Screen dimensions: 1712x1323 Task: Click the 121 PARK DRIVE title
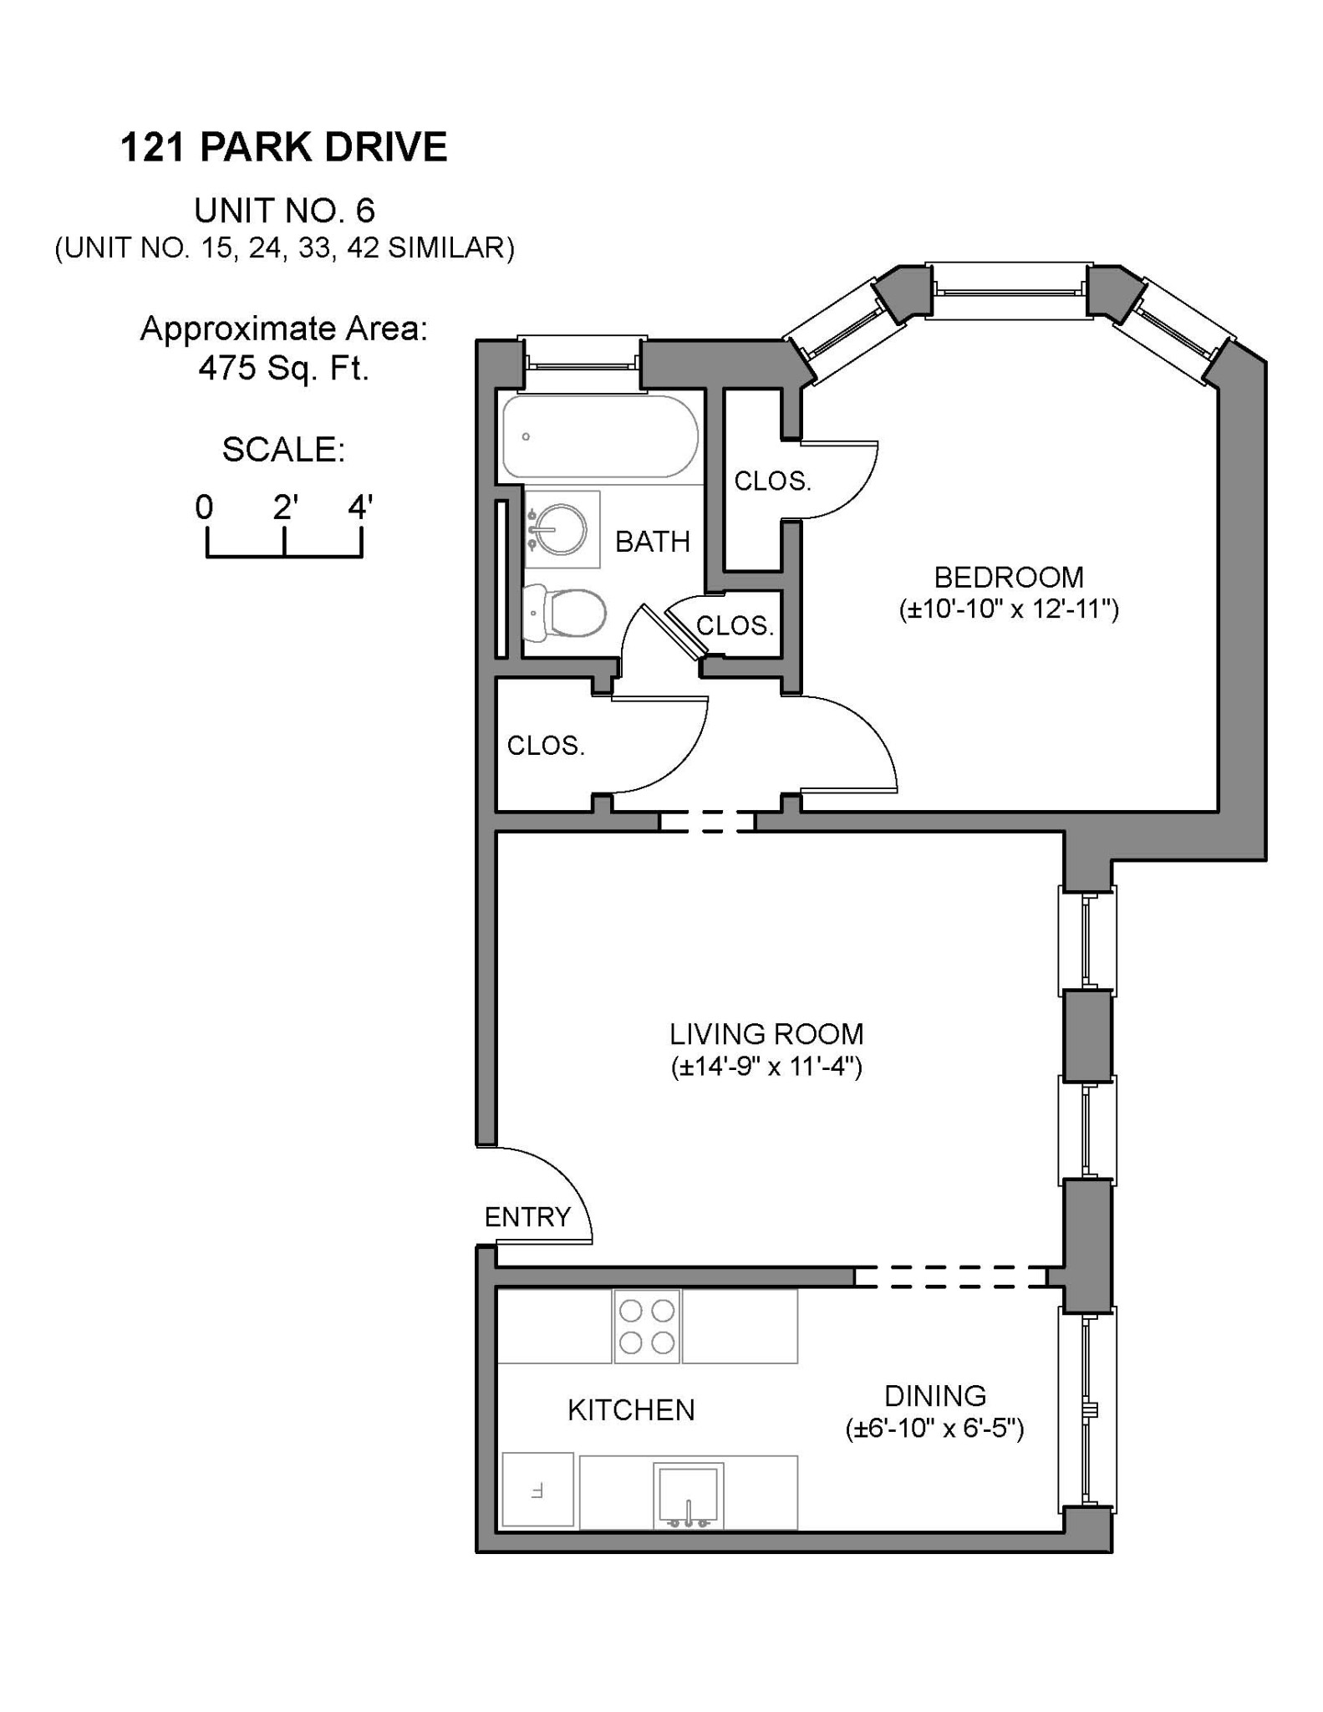point(284,147)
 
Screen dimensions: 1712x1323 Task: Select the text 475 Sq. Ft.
point(284,368)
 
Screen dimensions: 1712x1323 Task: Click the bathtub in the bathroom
point(599,436)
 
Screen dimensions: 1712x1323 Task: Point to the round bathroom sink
point(560,529)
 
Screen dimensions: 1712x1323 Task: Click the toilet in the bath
point(564,614)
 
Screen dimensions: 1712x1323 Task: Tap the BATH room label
point(653,542)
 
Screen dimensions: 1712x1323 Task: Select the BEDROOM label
point(1008,578)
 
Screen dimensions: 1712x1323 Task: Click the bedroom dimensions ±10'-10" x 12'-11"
point(1008,609)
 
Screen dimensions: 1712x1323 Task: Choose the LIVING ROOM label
point(766,1034)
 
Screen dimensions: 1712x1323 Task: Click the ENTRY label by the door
point(527,1217)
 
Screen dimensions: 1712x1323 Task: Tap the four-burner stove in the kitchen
point(647,1327)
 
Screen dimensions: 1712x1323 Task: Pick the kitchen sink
point(688,1495)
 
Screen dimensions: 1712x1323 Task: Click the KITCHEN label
point(631,1410)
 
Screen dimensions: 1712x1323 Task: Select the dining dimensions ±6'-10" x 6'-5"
point(934,1429)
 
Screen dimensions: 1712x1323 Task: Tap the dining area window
point(1086,1409)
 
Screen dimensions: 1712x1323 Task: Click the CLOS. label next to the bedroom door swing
point(771,481)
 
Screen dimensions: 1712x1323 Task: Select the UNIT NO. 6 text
point(284,211)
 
